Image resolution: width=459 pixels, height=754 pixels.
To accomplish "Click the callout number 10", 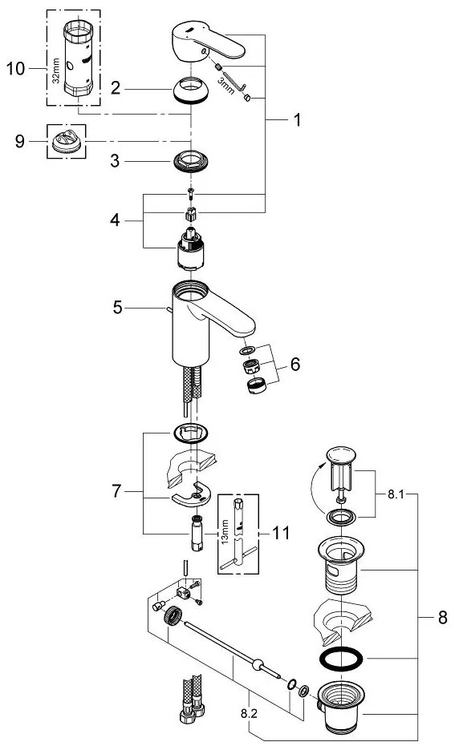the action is [15, 68].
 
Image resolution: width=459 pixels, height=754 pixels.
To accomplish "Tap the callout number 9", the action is [20, 141].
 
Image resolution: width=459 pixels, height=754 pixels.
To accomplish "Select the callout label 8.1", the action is [396, 494].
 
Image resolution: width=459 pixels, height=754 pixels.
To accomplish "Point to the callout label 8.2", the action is [249, 714].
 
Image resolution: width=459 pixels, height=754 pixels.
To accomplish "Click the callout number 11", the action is [282, 533].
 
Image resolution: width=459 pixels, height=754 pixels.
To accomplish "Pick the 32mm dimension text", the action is [56, 71].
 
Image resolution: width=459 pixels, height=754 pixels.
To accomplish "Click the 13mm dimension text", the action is [225, 531].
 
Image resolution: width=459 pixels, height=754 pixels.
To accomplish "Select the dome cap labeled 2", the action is [191, 90].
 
